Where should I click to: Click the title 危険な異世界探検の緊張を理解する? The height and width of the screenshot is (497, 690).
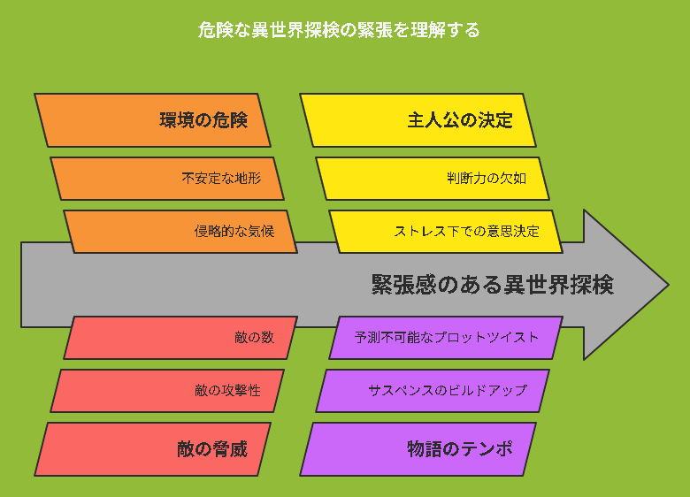click(x=339, y=30)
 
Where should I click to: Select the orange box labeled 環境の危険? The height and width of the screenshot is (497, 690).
click(x=152, y=120)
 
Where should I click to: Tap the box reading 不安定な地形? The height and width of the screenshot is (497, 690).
click(x=167, y=179)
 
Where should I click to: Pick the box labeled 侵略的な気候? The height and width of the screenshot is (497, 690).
click(x=180, y=232)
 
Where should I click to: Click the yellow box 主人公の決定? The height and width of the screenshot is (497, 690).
click(x=418, y=120)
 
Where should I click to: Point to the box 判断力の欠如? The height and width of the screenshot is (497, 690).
click(x=433, y=179)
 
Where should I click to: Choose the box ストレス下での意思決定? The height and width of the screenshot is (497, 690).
click(x=446, y=232)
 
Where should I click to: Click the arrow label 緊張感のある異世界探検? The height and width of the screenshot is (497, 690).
click(x=493, y=285)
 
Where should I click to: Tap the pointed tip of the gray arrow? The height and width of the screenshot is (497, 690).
click(x=669, y=285)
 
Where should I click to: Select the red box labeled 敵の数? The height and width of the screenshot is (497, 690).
click(x=180, y=338)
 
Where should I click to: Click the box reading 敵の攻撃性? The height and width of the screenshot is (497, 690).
click(x=167, y=391)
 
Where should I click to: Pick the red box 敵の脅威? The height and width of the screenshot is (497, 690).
click(x=152, y=449)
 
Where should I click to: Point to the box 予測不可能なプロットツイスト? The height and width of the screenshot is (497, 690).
click(x=446, y=338)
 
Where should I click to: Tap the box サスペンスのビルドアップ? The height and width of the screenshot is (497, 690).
click(x=433, y=391)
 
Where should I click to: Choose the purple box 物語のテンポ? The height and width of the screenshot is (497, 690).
click(x=418, y=449)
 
